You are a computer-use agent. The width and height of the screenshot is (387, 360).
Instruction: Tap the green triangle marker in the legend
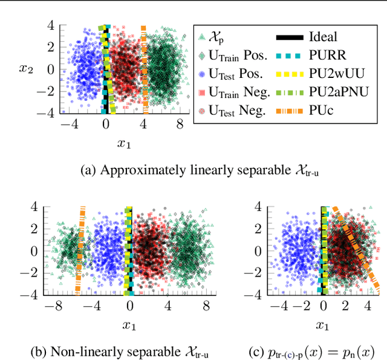click(202, 37)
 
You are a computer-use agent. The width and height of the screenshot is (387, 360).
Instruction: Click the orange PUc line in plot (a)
click(144, 69)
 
